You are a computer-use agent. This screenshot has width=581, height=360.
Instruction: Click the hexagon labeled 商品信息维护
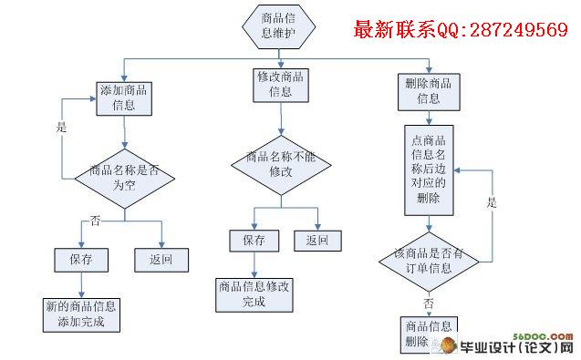click(279, 26)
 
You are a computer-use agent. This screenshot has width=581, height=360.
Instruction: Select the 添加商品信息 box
click(124, 98)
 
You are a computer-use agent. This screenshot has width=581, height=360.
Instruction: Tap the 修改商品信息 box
click(281, 86)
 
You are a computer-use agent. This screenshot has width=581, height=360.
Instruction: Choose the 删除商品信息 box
click(429, 92)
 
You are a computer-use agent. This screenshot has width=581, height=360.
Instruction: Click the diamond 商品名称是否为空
click(125, 179)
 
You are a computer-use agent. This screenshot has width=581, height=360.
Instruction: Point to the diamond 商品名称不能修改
click(281, 165)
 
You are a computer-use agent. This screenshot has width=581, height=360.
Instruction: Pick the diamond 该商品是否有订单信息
click(429, 262)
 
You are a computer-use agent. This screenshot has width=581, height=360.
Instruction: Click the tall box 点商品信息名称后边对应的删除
click(429, 170)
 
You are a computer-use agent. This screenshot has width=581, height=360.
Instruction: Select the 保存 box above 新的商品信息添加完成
click(81, 260)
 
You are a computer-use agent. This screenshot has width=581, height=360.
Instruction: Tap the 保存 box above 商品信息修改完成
click(254, 241)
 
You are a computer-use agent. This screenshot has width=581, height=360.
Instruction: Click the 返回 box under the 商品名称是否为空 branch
click(161, 260)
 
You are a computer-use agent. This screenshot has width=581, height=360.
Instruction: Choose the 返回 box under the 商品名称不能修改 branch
click(318, 241)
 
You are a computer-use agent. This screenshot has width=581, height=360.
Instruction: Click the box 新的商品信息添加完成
click(81, 315)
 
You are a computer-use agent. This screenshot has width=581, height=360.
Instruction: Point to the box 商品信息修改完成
click(254, 295)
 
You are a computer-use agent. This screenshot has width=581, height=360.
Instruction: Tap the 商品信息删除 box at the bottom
click(429, 334)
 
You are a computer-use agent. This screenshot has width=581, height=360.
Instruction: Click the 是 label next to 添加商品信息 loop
click(61, 127)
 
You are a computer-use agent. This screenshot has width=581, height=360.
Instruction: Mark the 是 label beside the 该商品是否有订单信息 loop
click(492, 202)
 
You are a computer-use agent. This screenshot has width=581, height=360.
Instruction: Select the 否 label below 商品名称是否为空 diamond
click(95, 221)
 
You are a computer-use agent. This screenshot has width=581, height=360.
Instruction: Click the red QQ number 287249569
click(519, 30)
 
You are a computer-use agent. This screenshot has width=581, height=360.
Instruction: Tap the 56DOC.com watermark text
click(543, 336)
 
